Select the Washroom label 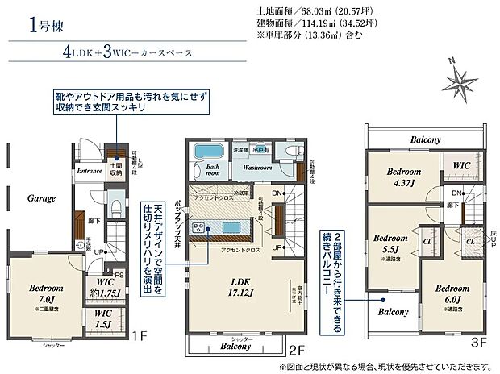256,168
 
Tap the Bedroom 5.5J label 390,243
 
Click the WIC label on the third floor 462,165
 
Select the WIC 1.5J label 103,318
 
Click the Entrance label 89,171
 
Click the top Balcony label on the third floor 425,139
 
